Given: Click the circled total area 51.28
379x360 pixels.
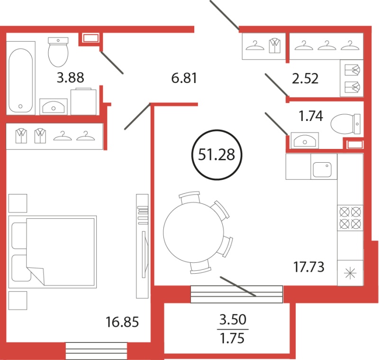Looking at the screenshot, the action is point(217,155).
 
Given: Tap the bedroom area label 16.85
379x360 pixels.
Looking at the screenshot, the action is point(122,322).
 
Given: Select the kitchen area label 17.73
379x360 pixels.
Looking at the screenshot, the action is point(309,267).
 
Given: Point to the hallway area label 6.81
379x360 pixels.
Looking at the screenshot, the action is point(184,78).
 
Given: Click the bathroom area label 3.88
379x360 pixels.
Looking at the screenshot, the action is point(70,77).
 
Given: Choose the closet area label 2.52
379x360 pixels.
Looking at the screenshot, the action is point(305,78).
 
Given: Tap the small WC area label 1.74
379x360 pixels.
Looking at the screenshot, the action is point(311,116).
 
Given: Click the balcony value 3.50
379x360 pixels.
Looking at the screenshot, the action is point(233,319).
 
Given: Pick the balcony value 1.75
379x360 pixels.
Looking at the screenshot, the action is point(232,338).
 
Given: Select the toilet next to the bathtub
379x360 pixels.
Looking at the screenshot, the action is point(58,52).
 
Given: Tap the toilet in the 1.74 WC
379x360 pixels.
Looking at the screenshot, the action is point(346,124).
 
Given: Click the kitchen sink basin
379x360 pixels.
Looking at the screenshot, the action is point(322,169).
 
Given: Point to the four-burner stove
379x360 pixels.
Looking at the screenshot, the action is point(350,218).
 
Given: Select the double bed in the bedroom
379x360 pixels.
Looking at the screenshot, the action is point(53,251).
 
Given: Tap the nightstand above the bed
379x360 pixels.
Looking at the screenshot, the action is point(18,203).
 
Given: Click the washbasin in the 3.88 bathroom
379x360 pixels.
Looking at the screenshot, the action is point(54,107).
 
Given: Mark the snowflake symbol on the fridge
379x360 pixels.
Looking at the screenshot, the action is point(350,274).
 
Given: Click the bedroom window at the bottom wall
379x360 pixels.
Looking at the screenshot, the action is point(97,351).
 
